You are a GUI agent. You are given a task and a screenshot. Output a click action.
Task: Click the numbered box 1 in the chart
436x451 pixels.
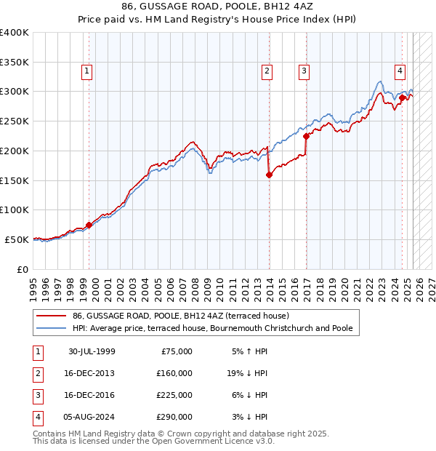[86, 71]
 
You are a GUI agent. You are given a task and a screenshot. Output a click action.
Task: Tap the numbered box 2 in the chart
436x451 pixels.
[267, 71]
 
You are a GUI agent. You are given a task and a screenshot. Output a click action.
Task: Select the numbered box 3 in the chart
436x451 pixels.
[304, 71]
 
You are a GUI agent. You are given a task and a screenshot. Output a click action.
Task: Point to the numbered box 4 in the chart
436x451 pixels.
[400, 71]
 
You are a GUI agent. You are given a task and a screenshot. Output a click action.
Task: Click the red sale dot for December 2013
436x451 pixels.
[269, 175]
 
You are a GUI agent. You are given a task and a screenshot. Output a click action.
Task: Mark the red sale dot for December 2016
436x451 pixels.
[306, 136]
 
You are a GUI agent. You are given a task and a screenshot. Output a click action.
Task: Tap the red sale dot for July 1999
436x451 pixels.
[89, 225]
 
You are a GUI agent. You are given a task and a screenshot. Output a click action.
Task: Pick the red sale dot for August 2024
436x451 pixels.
[402, 97]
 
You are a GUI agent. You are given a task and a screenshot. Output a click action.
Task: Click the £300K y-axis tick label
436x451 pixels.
[15, 92]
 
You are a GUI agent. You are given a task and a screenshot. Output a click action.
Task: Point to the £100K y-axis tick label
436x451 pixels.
[15, 209]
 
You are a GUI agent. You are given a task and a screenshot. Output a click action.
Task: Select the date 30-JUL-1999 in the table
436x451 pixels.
[91, 351]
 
